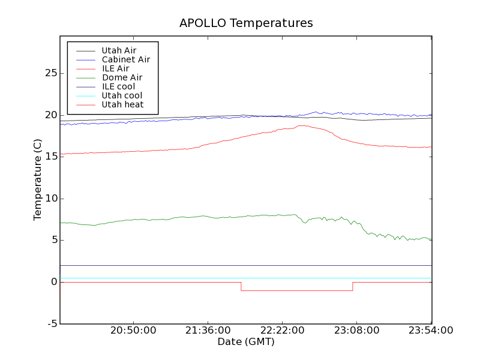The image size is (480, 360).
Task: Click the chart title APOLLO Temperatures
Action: (x=246, y=23)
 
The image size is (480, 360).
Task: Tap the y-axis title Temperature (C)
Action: (x=38, y=180)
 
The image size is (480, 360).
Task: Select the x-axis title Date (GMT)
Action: (x=246, y=342)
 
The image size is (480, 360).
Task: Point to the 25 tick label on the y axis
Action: (x=50, y=73)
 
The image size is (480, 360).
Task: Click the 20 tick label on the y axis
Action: (x=50, y=115)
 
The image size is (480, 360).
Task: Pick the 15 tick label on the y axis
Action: (x=50, y=157)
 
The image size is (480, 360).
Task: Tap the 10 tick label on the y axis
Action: (x=50, y=199)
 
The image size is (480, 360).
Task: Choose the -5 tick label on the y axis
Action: (x=52, y=324)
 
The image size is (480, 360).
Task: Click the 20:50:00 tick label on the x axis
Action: (x=133, y=331)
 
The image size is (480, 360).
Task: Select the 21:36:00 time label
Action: (x=208, y=331)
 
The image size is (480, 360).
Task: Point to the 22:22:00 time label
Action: (x=282, y=331)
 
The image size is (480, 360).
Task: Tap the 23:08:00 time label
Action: (x=356, y=331)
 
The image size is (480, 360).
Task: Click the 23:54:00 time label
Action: (x=431, y=331)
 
